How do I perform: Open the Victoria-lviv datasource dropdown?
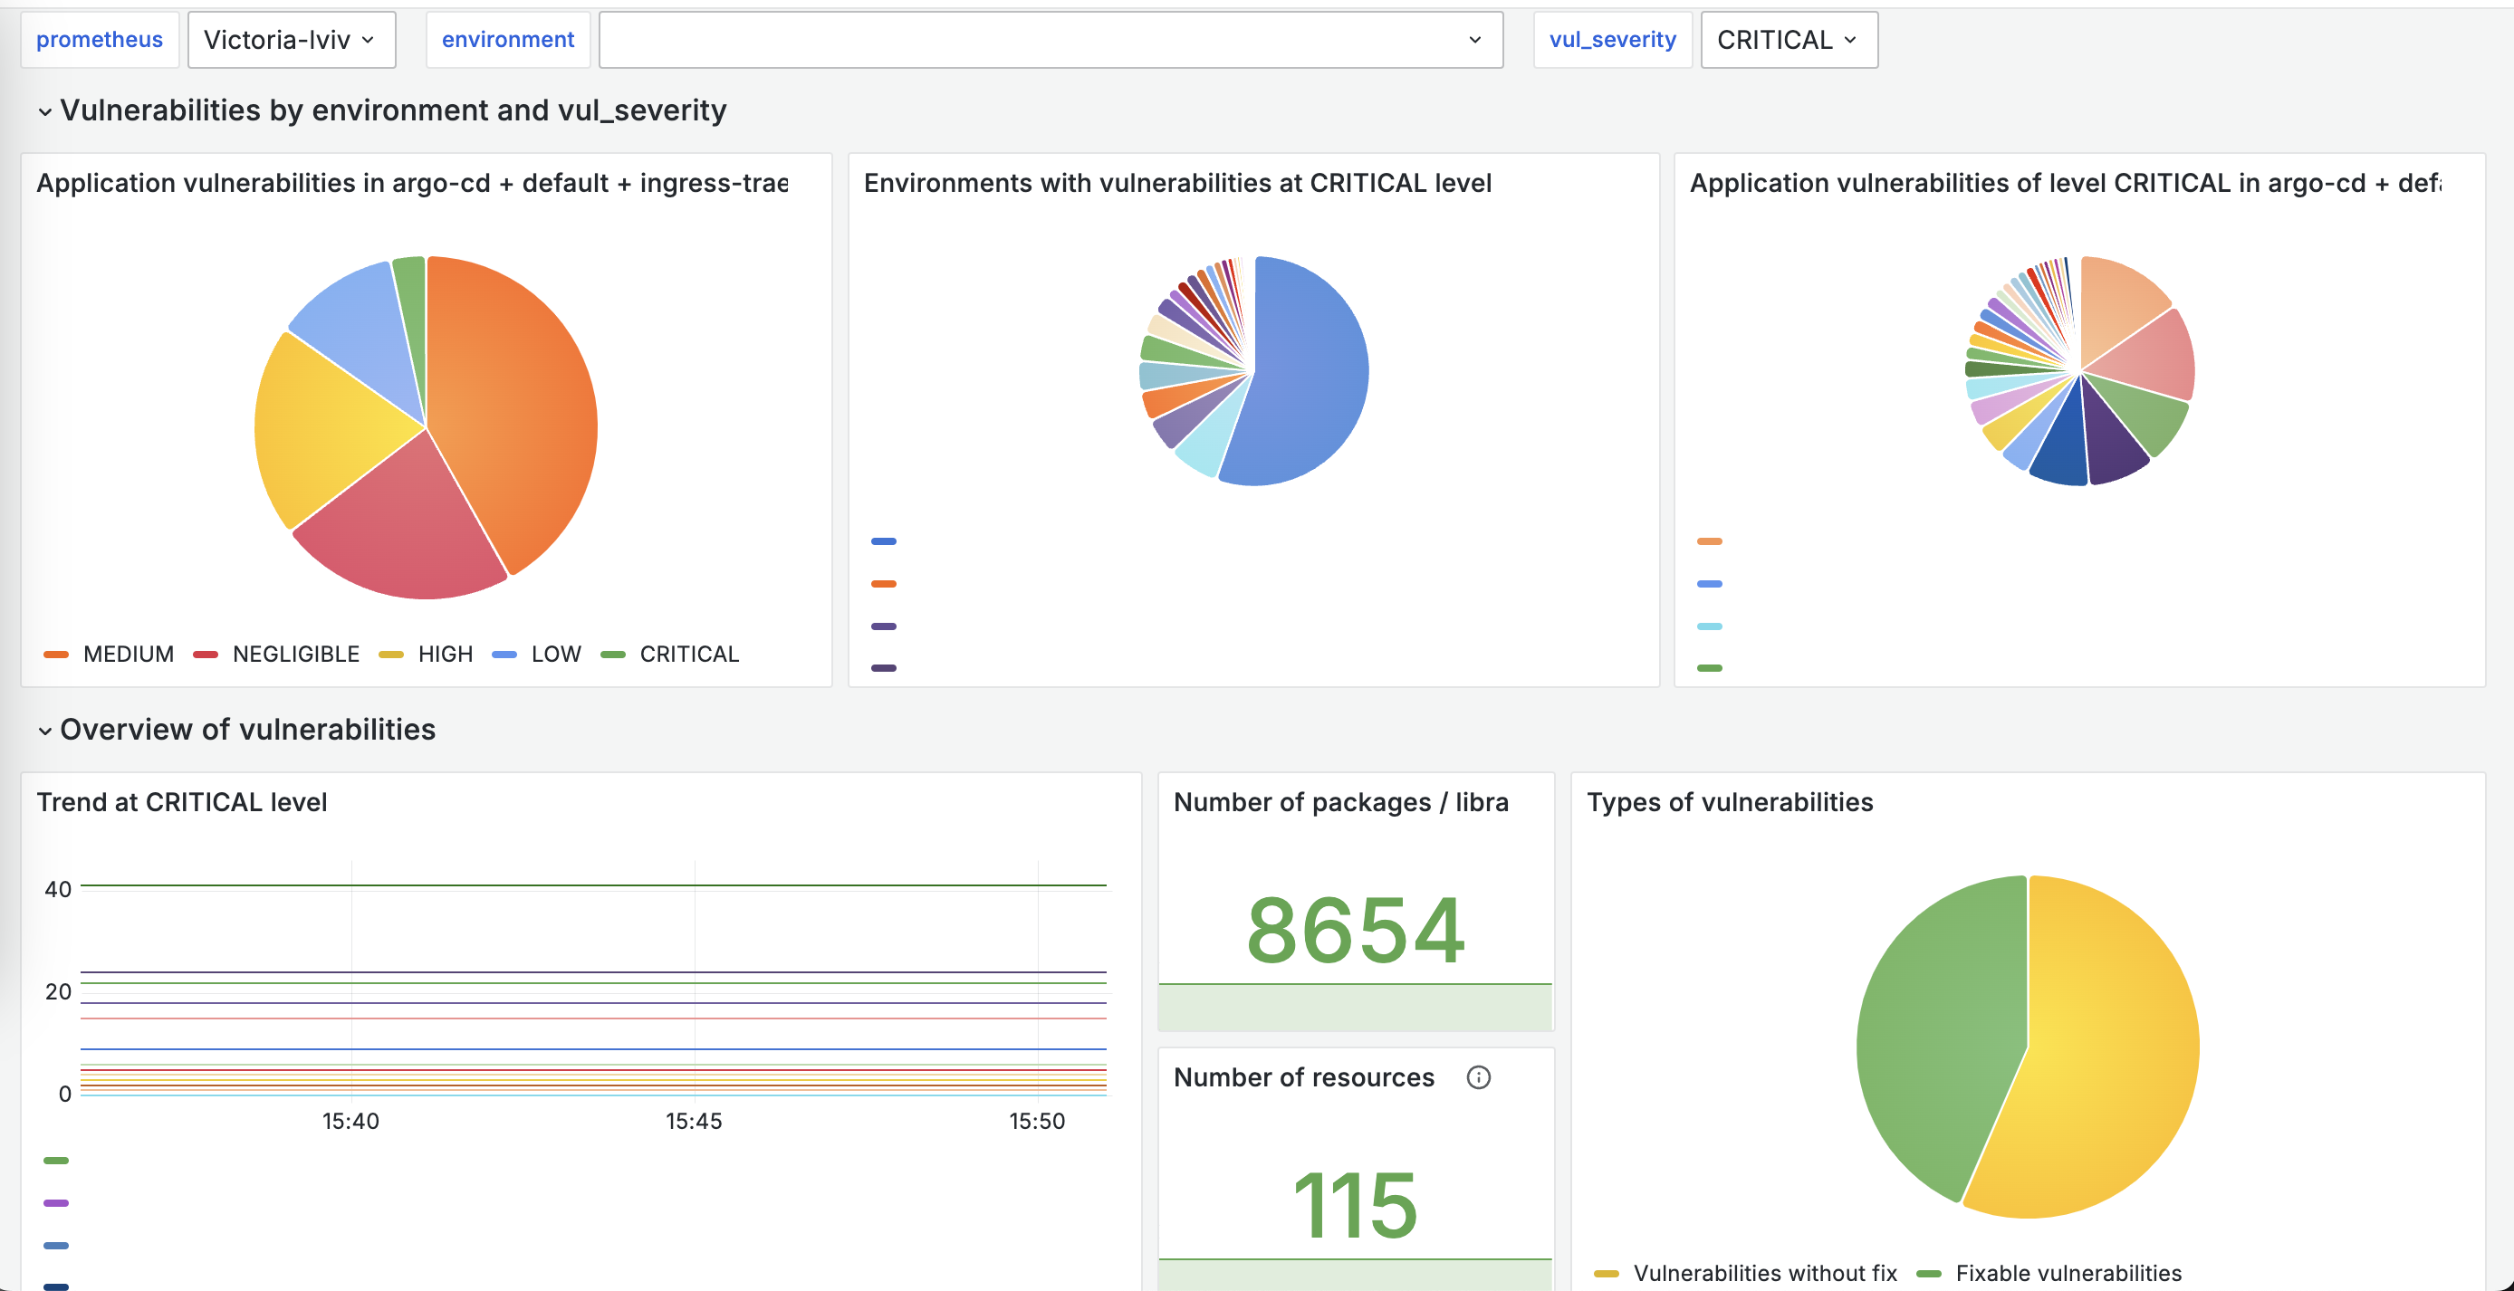pos(291,40)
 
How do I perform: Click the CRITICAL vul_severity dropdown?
pos(1788,40)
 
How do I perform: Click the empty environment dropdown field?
pos(1051,40)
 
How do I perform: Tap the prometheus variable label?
pos(100,40)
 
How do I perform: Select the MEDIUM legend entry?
pos(110,654)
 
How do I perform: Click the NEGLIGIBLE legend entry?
pos(277,654)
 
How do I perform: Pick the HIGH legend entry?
pos(427,654)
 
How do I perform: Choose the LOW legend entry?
pos(537,654)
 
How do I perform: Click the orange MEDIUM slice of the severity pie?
pos(517,410)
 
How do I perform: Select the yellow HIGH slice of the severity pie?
pos(322,429)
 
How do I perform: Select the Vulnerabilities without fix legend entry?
pos(1746,1274)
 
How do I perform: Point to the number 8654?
pos(1356,930)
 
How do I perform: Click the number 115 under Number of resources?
pos(1356,1205)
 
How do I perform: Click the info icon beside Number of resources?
pos(1479,1077)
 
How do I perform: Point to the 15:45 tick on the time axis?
pos(694,1121)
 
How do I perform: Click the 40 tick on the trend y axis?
pos(59,889)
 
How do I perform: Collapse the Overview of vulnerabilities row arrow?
pos(45,731)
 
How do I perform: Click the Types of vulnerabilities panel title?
pos(1730,802)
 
